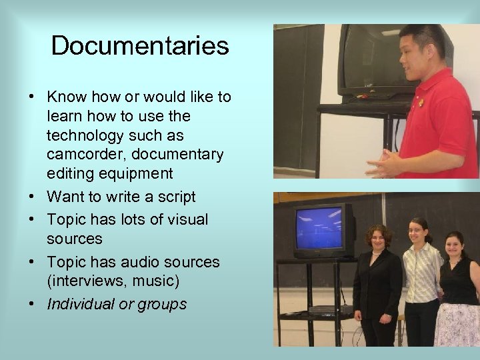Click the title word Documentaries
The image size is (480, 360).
click(140, 46)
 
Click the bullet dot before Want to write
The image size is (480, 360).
click(32, 197)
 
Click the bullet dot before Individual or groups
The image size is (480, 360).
click(32, 305)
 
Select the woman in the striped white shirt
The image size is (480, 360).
click(422, 280)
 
